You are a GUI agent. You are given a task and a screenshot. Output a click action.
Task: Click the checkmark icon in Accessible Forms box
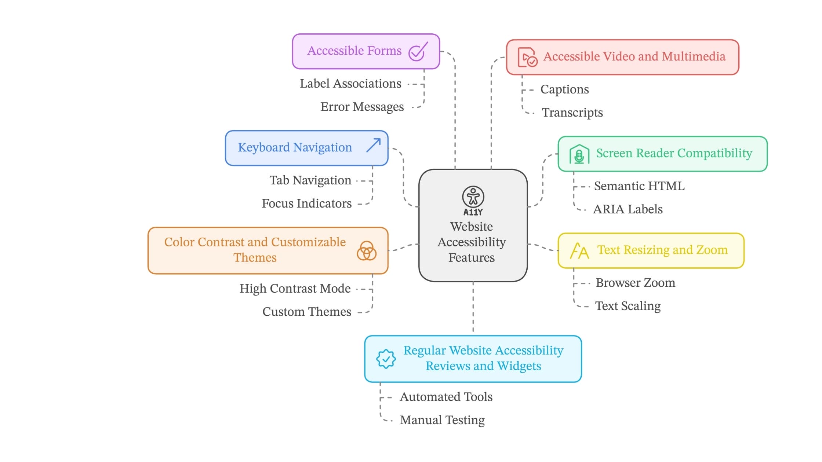pos(418,52)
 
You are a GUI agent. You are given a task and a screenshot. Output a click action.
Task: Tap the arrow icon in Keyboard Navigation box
pos(374,146)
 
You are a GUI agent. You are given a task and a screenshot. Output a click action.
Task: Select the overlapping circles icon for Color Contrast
pos(367,251)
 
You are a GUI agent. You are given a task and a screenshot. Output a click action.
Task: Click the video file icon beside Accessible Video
pos(527,58)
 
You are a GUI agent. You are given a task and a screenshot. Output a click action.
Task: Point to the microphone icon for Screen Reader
pos(579,154)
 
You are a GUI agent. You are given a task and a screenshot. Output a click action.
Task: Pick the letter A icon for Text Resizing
pos(579,251)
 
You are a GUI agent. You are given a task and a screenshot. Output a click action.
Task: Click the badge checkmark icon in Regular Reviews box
pos(386,359)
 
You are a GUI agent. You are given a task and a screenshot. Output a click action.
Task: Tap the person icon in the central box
pos(473,197)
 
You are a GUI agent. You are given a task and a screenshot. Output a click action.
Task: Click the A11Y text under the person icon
pos(473,212)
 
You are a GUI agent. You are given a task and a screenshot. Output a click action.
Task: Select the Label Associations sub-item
pos(350,84)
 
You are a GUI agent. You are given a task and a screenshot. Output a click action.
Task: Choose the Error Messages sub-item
pos(362,107)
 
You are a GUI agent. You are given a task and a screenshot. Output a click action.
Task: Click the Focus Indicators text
pos(306,203)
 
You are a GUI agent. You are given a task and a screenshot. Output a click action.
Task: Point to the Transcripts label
pos(572,113)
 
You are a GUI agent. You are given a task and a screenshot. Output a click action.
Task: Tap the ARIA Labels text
pos(628,209)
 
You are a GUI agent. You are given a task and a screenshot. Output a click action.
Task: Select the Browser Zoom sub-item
pos(635,283)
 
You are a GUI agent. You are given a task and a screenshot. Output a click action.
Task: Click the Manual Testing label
pos(442,420)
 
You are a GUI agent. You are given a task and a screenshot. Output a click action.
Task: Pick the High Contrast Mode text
pos(295,289)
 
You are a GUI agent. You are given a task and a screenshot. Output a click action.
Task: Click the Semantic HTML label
pos(639,186)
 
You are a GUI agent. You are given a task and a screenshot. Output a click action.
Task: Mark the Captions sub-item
pos(564,89)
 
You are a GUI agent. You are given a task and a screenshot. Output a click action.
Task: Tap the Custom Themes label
pos(307,312)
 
